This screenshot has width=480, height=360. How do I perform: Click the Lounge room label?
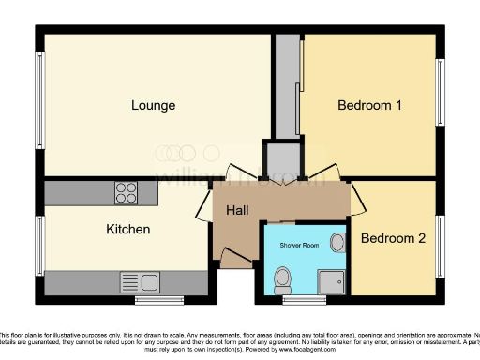click(x=153, y=105)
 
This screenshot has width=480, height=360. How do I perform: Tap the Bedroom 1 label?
click(x=369, y=105)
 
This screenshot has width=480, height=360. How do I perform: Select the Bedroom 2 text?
click(x=393, y=238)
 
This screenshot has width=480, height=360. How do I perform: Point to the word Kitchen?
click(x=127, y=229)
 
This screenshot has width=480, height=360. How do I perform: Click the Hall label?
click(x=236, y=212)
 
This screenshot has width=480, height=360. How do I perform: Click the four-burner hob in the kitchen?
click(x=126, y=192)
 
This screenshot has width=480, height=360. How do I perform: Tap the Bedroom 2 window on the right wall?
click(x=440, y=238)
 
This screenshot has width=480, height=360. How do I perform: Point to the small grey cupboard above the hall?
click(x=277, y=158)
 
